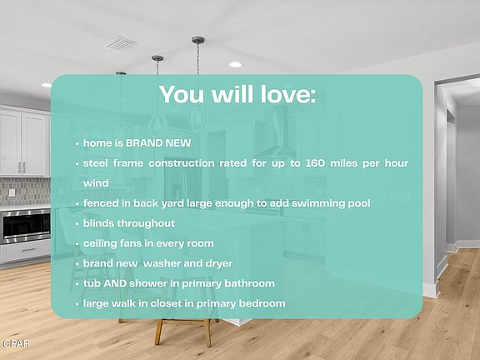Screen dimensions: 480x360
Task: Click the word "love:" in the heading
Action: [x=288, y=94]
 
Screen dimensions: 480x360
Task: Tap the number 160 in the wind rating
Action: [x=315, y=162]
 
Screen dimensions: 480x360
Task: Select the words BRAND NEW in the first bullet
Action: [x=158, y=143]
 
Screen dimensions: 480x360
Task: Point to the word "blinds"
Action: [x=98, y=223]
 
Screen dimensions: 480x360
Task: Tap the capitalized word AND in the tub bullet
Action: [x=115, y=283]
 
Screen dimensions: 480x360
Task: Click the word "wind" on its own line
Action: [x=96, y=183]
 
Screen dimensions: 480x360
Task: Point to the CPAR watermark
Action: [x=16, y=344]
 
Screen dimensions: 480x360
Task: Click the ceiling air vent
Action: [x=121, y=44]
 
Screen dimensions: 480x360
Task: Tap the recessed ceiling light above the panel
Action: [x=236, y=64]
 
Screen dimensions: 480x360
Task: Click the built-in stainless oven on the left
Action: [x=25, y=227]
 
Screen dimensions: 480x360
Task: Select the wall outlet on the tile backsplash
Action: [x=12, y=192]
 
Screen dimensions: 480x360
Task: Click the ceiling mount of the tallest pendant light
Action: [x=198, y=40]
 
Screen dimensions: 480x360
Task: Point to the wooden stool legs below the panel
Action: [x=183, y=332]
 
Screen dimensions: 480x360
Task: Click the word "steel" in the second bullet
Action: [x=95, y=162]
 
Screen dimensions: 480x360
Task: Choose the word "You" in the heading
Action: [x=182, y=94]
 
